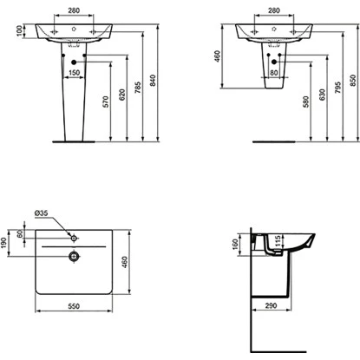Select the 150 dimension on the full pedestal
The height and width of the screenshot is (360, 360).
tap(75, 72)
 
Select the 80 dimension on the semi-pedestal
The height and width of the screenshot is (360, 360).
tap(274, 72)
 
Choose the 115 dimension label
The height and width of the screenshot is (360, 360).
tap(278, 240)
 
